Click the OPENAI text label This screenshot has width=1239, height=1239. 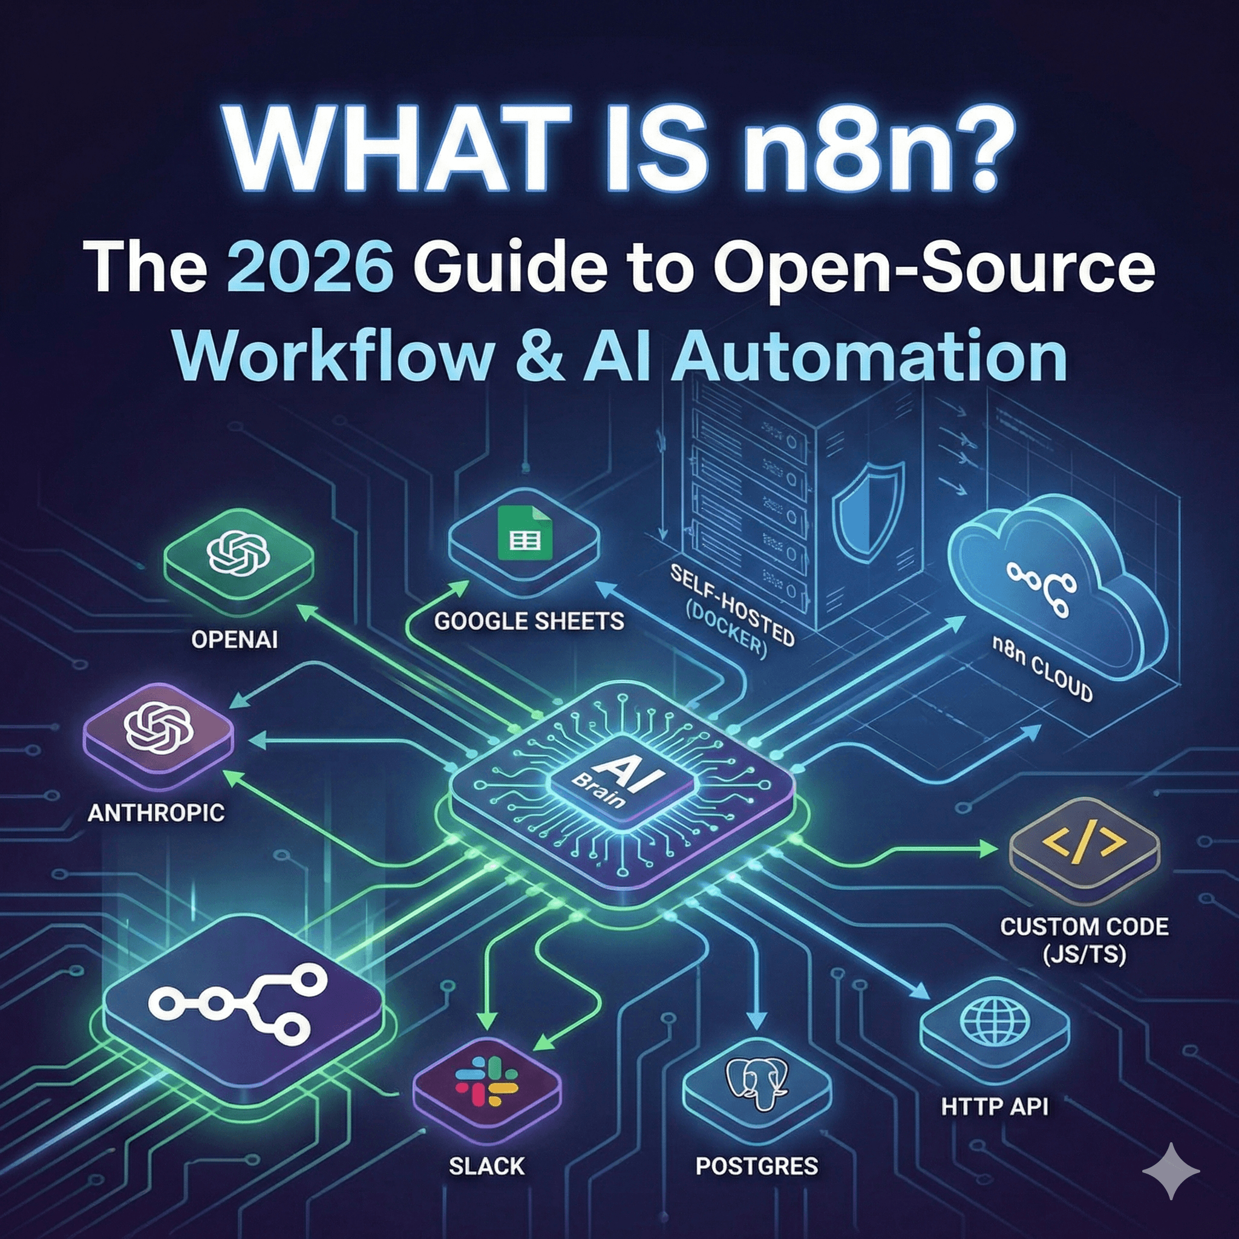tap(235, 639)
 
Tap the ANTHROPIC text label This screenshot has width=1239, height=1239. tap(156, 813)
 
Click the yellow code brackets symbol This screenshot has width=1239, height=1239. tap(1084, 845)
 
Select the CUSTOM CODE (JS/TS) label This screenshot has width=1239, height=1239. tap(1084, 940)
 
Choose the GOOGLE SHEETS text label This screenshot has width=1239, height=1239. tap(529, 621)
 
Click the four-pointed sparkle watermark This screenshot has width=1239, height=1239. tap(1171, 1171)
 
